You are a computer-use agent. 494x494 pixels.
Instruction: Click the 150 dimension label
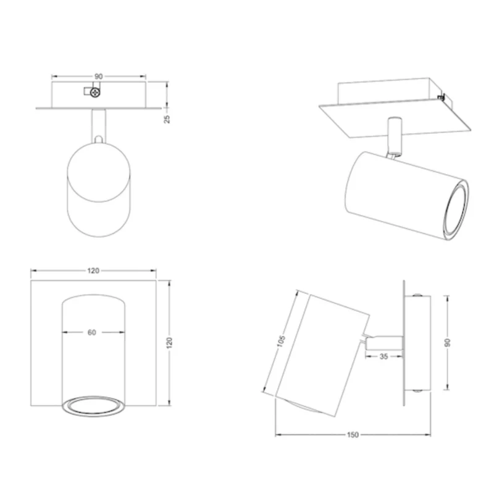tap(353, 435)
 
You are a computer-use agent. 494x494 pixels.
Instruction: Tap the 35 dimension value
tap(383, 357)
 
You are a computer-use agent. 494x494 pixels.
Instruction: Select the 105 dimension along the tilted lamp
tap(281, 341)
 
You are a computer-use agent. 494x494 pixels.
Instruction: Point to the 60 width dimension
tap(91, 332)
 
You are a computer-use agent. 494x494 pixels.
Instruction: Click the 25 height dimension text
tap(167, 119)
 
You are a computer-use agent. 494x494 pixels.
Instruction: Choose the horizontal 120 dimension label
tap(93, 270)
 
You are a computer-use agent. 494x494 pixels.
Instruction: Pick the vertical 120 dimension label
tap(169, 343)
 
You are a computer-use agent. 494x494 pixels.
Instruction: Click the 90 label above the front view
tap(99, 77)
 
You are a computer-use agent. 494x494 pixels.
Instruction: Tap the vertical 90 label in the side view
tap(447, 343)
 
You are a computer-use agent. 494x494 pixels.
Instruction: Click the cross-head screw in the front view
tap(95, 92)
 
